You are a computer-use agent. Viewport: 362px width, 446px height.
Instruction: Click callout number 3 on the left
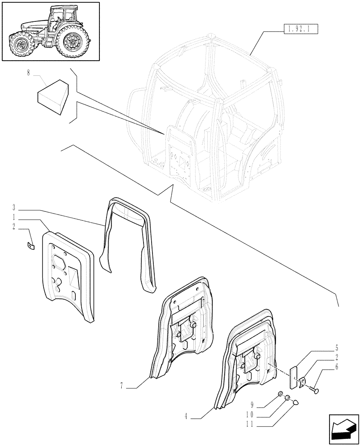coord(15,208)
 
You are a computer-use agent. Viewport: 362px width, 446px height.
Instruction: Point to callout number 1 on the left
coord(15,217)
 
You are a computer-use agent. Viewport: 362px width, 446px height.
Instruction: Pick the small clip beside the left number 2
coord(31,245)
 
